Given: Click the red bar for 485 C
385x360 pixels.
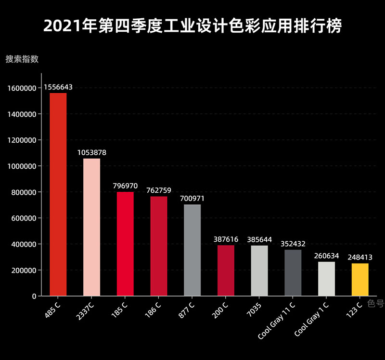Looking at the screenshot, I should (x=58, y=194).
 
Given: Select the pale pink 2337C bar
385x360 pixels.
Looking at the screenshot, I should (x=91, y=227).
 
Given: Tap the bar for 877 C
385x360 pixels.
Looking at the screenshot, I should (x=192, y=250).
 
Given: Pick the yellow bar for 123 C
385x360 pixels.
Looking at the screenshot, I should (x=360, y=279).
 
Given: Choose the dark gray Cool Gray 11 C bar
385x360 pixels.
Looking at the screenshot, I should (x=293, y=273).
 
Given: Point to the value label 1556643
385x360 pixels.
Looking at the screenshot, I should (x=58, y=87).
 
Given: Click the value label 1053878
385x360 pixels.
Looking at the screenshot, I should (x=91, y=152).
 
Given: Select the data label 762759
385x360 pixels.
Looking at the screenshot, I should (x=159, y=190).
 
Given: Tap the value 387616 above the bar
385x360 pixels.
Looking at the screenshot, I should (x=226, y=239).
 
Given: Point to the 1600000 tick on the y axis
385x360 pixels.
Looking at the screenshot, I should (x=22, y=88).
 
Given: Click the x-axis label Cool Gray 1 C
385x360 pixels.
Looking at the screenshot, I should (x=311, y=319).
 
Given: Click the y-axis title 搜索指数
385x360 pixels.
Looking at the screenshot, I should (x=22, y=59).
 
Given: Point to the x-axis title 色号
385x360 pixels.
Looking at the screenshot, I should (x=375, y=303).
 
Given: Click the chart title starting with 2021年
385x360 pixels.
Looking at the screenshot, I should (x=192, y=26).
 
